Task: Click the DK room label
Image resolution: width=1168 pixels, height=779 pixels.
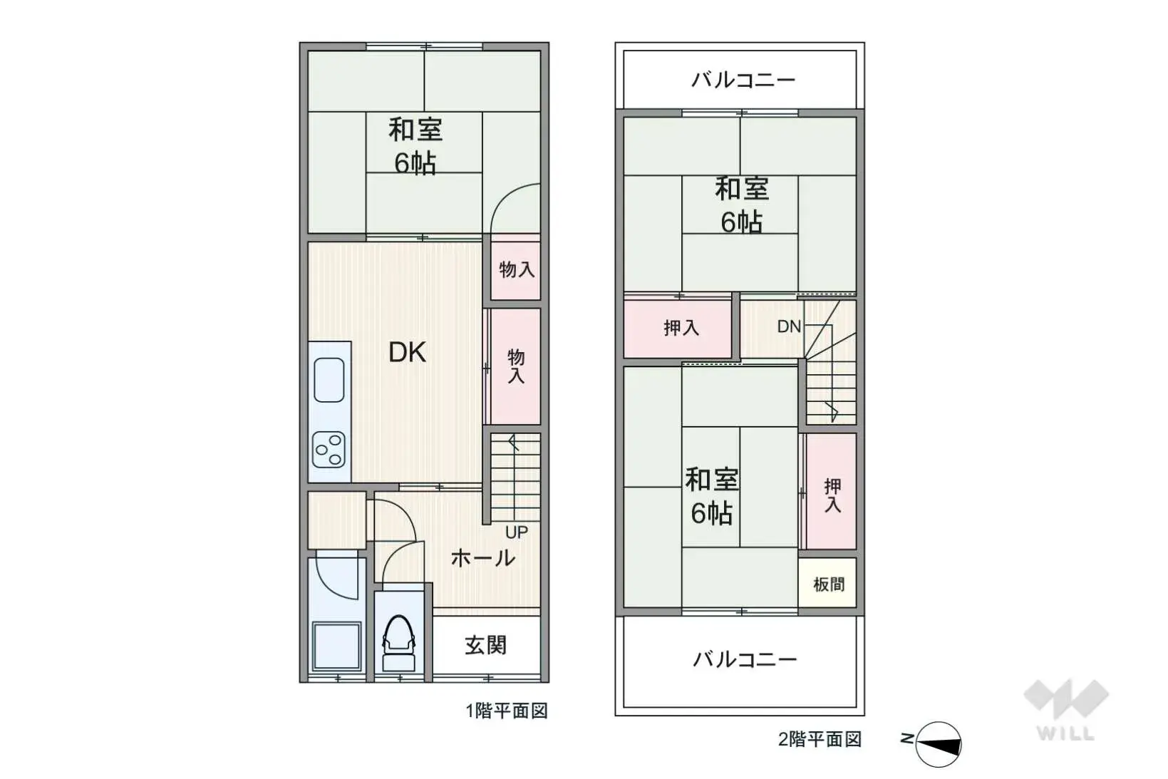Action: (x=407, y=352)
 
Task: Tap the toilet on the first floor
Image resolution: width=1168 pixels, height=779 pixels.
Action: (x=399, y=641)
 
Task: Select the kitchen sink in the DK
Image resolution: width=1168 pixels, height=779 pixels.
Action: (x=329, y=380)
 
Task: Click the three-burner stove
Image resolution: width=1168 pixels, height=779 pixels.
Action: (x=329, y=450)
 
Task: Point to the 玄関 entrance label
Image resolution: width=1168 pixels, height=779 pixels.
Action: (x=485, y=645)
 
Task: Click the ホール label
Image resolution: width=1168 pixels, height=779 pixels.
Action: (x=482, y=557)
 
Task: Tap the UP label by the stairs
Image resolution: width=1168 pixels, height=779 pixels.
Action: (x=517, y=532)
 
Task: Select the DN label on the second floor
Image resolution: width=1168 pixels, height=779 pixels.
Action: (x=789, y=326)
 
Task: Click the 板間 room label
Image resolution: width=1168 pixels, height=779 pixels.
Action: (x=828, y=584)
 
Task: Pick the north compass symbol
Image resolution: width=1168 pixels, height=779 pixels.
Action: (x=936, y=744)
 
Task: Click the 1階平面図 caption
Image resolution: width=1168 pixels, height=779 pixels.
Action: (x=507, y=711)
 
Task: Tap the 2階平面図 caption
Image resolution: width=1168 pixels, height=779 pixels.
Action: (x=820, y=739)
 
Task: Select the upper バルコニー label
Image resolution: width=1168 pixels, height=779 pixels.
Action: (x=743, y=79)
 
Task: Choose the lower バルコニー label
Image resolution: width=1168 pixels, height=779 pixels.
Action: (x=745, y=659)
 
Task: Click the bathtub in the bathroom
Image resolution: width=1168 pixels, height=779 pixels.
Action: (x=336, y=646)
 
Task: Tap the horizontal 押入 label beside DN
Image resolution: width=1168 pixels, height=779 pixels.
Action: (x=681, y=328)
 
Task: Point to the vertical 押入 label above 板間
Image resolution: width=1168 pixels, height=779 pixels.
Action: (x=832, y=495)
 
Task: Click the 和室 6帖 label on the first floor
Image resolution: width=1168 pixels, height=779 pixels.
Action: (x=415, y=146)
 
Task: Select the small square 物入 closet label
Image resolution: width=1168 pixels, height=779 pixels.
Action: (x=517, y=269)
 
